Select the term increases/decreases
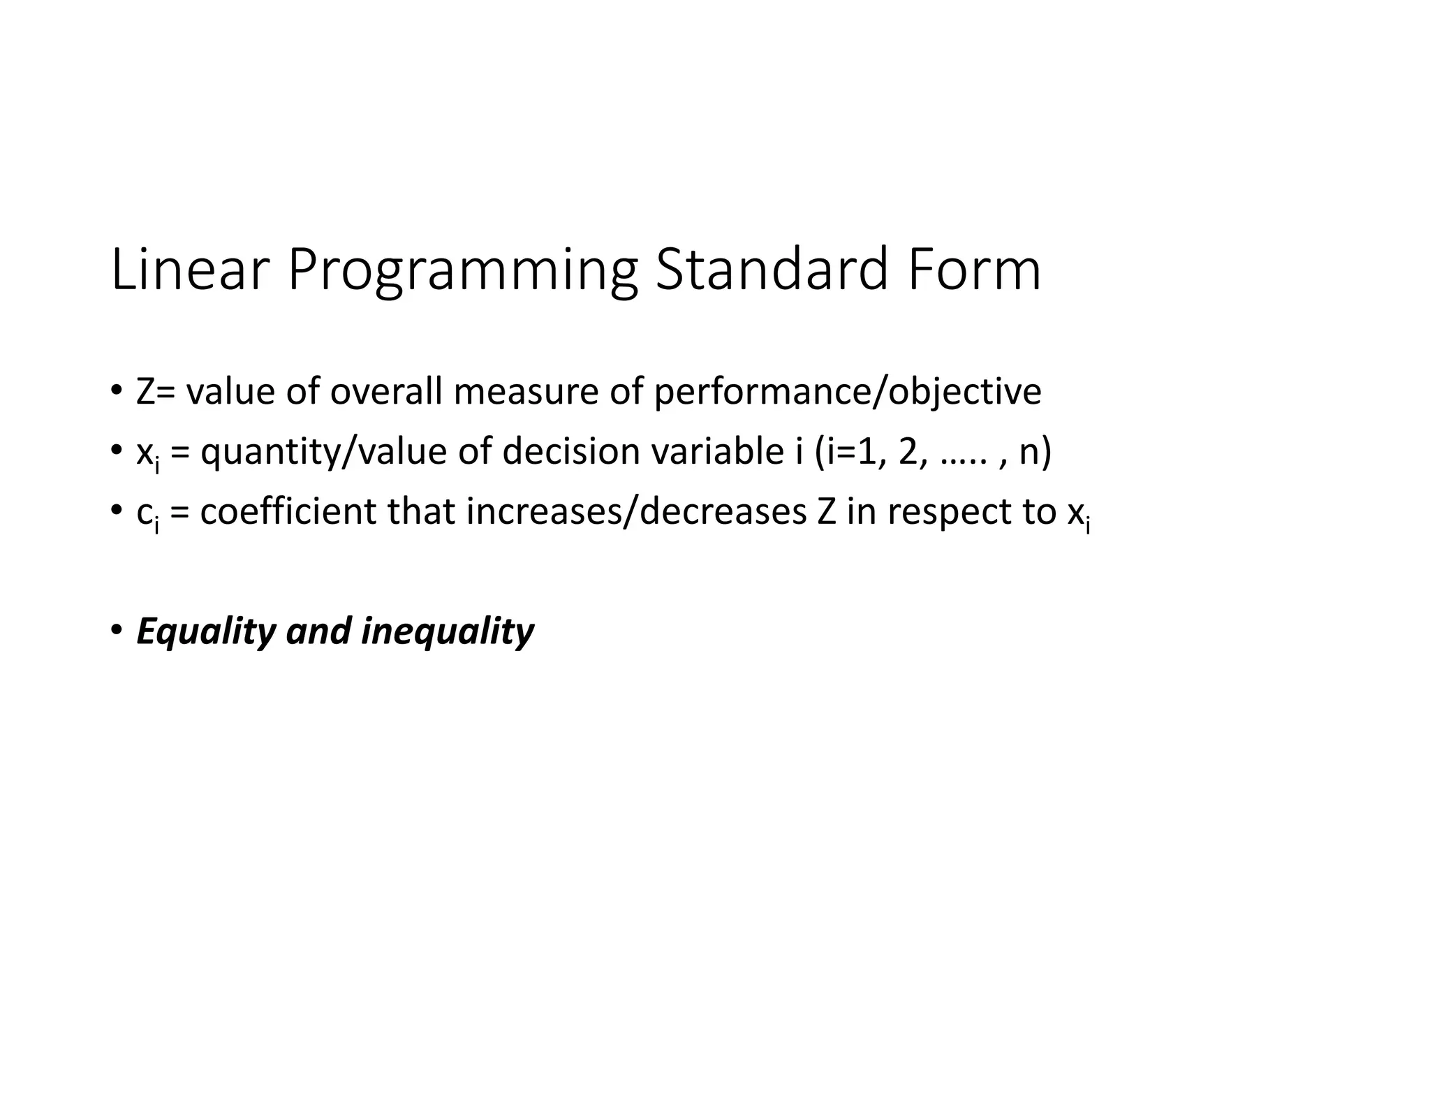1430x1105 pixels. [x=636, y=511]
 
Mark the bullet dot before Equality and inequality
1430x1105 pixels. [x=116, y=628]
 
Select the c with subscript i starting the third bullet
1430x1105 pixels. [x=147, y=514]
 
